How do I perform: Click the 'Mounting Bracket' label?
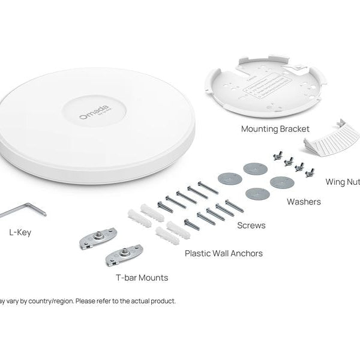(275, 129)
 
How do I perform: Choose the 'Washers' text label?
(303, 202)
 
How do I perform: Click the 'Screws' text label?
(251, 226)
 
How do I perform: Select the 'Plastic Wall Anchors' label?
(224, 253)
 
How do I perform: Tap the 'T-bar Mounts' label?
(142, 278)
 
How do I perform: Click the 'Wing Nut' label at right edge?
(342, 181)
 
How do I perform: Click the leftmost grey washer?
(230, 179)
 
